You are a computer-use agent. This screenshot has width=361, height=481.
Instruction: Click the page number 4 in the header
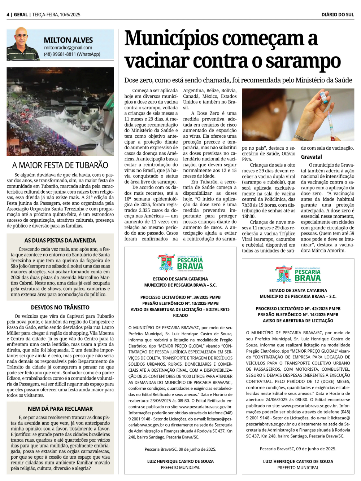[x=8, y=15]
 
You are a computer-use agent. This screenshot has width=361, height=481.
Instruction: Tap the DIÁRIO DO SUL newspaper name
[x=338, y=15]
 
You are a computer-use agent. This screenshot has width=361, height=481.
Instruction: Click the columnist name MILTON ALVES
[x=68, y=40]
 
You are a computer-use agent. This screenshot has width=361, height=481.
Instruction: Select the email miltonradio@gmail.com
[x=68, y=48]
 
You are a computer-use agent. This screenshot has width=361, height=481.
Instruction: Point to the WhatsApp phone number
[x=72, y=54]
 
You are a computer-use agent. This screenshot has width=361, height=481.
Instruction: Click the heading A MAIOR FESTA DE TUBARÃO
[x=60, y=165]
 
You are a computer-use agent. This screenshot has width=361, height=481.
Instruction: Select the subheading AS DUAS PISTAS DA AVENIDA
[x=60, y=240]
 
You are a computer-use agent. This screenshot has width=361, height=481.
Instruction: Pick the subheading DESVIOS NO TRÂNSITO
[x=60, y=308]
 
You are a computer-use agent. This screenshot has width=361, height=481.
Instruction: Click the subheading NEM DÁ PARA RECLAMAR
[x=60, y=409]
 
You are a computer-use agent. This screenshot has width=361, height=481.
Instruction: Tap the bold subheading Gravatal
[x=312, y=157]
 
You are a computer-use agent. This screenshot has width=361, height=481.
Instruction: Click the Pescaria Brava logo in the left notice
[x=180, y=263]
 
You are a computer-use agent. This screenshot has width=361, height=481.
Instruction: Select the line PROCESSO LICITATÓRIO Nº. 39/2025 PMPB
[x=180, y=297]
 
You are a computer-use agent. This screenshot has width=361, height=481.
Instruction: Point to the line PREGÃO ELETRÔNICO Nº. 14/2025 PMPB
[x=298, y=315]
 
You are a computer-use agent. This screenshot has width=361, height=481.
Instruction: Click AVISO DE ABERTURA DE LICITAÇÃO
[x=298, y=321]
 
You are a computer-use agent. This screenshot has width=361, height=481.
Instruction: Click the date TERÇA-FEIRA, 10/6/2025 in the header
[x=56, y=15]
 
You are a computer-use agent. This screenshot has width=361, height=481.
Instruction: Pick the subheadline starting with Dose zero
[x=238, y=80]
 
